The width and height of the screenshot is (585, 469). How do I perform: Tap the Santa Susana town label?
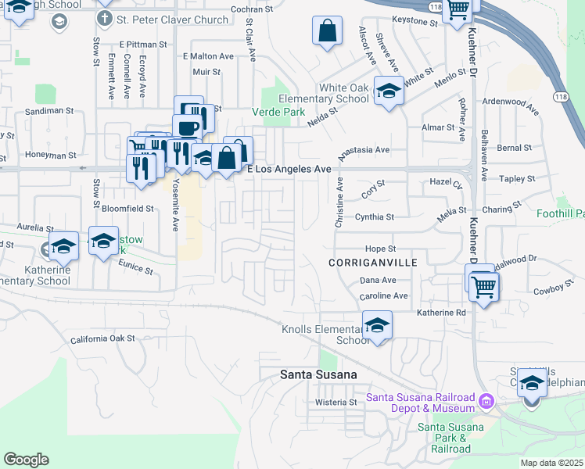coord(318,375)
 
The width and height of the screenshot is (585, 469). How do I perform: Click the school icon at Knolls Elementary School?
coord(377,324)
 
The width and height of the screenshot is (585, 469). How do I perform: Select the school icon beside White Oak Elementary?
coord(389,91)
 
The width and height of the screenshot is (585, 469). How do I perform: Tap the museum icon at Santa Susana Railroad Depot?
coord(486,402)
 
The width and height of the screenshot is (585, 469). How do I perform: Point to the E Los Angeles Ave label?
coord(289,169)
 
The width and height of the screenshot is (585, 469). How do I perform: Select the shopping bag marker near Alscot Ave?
coord(328,32)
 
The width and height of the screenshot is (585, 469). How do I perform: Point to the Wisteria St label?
coord(336,403)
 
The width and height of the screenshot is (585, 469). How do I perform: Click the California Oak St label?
coord(102,339)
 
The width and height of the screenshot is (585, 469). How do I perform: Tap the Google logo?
coord(26,460)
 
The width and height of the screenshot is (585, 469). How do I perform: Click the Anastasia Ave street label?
coord(363,149)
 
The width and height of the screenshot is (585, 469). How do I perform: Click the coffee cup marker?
coord(188,127)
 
